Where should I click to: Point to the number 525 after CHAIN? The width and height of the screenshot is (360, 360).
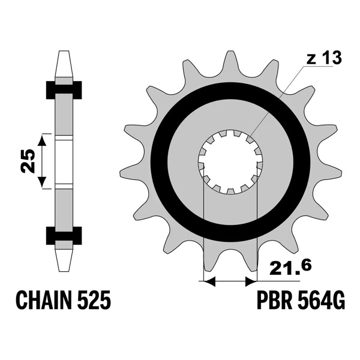93,301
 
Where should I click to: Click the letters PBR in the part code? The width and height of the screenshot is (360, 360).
274,301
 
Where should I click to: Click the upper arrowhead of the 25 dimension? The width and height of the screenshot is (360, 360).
41,139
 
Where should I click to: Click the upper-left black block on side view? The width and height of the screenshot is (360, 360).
50,89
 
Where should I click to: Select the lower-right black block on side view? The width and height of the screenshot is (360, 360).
77,236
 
